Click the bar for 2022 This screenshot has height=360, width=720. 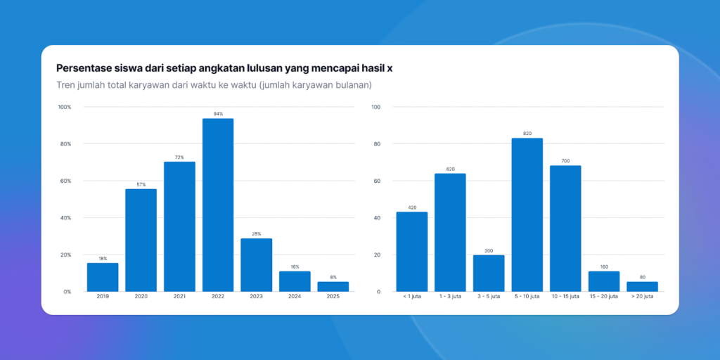(218, 205)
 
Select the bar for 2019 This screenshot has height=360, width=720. (103, 277)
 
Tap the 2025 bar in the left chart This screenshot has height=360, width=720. (333, 286)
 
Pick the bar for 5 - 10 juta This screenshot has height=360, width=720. (527, 214)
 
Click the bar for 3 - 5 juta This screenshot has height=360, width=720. (489, 273)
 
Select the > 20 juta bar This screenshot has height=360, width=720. (642, 286)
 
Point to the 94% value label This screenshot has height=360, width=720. (218, 114)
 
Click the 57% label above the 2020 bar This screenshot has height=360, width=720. (141, 184)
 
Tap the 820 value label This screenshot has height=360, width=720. (527, 134)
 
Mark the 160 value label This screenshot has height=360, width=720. (604, 266)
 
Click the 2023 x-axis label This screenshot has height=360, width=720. (256, 297)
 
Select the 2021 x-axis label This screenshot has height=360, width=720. (179, 297)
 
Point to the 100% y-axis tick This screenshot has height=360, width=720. (65, 107)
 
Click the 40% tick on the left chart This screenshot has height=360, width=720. (65, 218)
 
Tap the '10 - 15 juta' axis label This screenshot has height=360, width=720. (565, 297)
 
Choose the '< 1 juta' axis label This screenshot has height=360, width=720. (411, 297)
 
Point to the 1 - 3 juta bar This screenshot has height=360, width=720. (450, 232)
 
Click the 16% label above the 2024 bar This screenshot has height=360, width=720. (295, 266)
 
